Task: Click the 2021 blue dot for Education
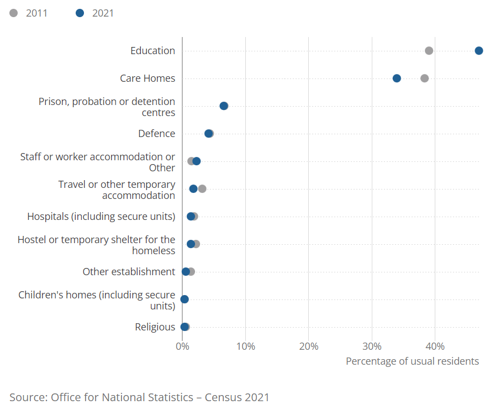pyautogui.click(x=479, y=51)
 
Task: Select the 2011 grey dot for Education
pyautogui.click(x=429, y=51)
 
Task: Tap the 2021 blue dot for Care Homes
pyautogui.click(x=397, y=78)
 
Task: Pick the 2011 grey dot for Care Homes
pyautogui.click(x=424, y=78)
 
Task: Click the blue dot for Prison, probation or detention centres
pyautogui.click(x=224, y=106)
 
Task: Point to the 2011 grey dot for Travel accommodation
pyautogui.click(x=202, y=189)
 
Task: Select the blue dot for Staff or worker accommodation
pyautogui.click(x=196, y=161)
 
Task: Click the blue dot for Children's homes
pyautogui.click(x=185, y=299)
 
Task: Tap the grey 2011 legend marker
pyautogui.click(x=13, y=13)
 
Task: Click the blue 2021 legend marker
pyautogui.click(x=80, y=13)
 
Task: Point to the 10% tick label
pyautogui.click(x=246, y=346)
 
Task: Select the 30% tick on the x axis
pyautogui.click(x=372, y=346)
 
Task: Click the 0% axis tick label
pyautogui.click(x=182, y=346)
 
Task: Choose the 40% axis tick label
pyautogui.click(x=435, y=346)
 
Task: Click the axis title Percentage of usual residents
pyautogui.click(x=412, y=361)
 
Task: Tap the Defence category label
pyautogui.click(x=156, y=133)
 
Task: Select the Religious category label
pyautogui.click(x=155, y=327)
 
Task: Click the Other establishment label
pyautogui.click(x=129, y=271)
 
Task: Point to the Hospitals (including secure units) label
pyautogui.click(x=101, y=216)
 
